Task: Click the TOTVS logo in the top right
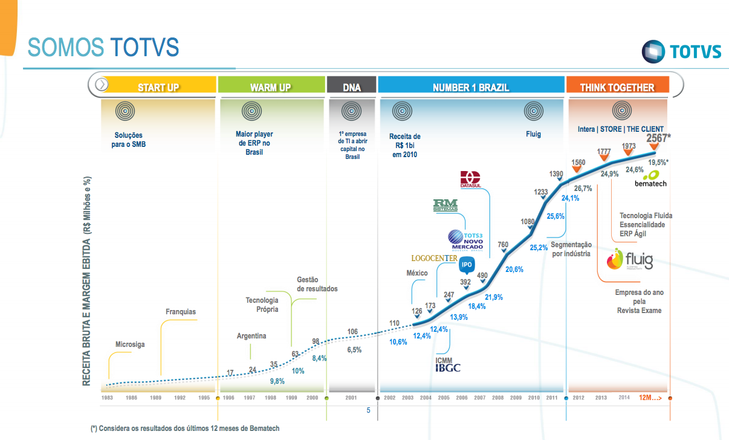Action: point(681,51)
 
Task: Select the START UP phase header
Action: point(158,87)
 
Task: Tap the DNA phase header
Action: point(351,87)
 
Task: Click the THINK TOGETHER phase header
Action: point(617,87)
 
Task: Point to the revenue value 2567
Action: point(657,138)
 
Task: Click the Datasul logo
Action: point(470,180)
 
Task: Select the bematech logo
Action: point(650,178)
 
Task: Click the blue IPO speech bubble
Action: point(467,264)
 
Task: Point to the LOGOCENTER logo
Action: point(434,259)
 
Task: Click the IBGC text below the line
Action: point(448,367)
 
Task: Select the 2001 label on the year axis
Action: point(351,398)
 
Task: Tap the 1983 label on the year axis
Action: point(107,398)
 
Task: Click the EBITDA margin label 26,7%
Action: point(583,188)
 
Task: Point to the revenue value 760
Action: point(503,245)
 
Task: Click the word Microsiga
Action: point(130,345)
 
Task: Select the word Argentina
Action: point(251,336)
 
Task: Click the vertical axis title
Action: point(88,281)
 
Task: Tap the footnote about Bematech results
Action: point(185,428)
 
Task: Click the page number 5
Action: point(368,410)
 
